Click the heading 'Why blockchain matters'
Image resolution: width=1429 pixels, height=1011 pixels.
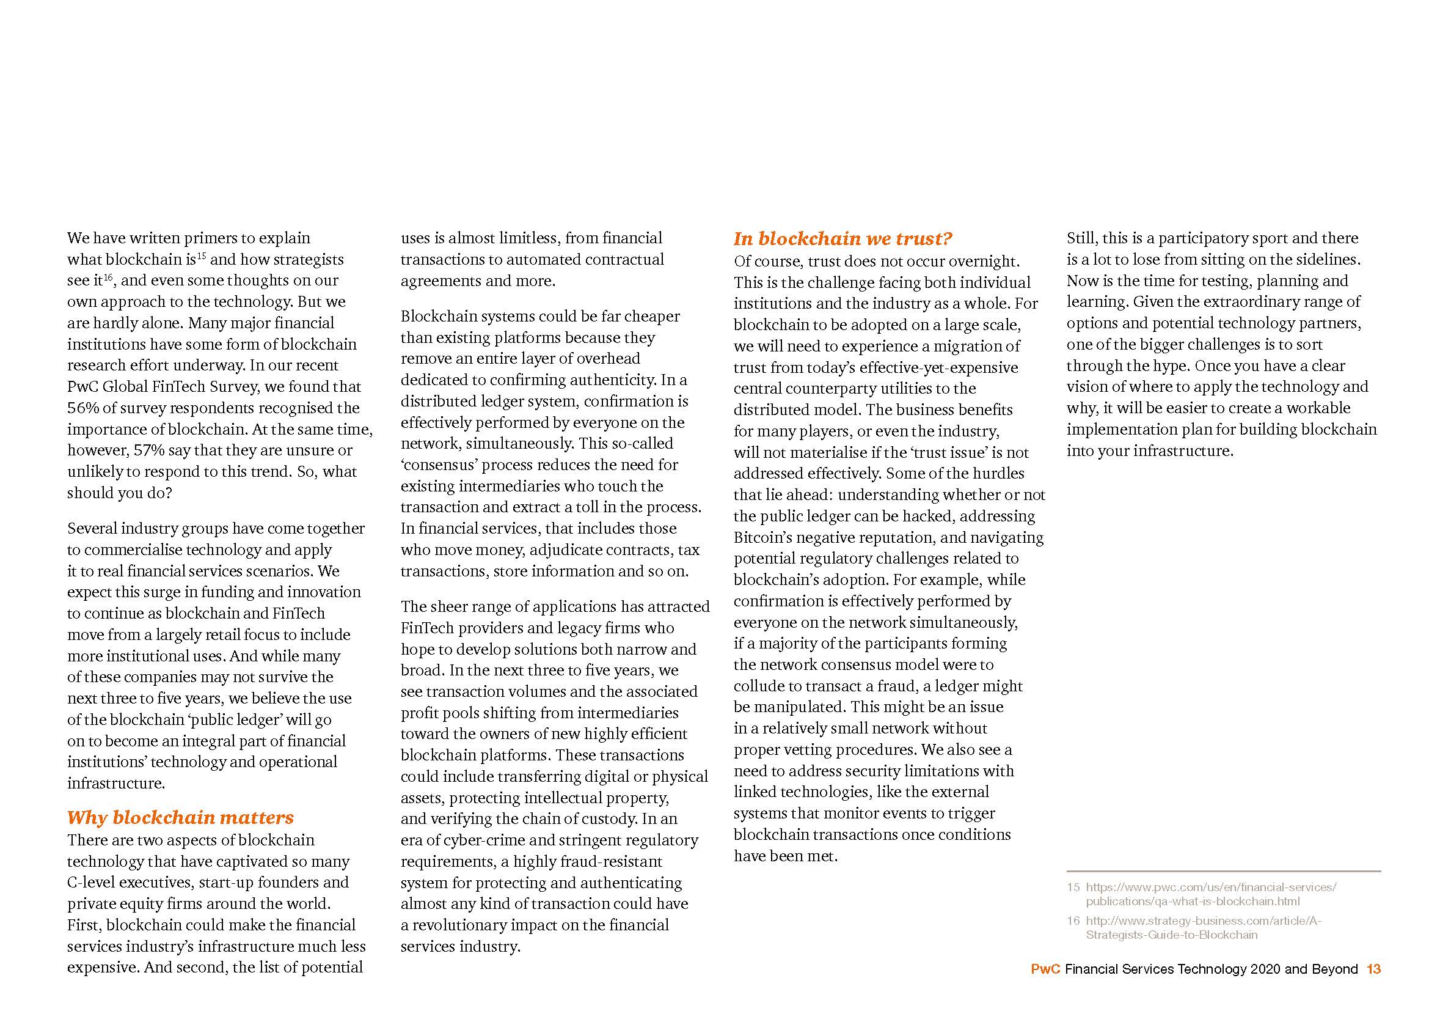pos(180,817)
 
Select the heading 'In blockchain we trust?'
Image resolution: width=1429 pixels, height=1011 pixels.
pos(843,239)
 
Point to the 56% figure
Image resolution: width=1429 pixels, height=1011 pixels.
pos(81,408)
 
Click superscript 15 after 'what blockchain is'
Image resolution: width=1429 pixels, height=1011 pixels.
pos(202,256)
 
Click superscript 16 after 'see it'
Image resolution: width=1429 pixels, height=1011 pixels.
pos(108,277)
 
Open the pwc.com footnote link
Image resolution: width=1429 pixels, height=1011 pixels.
pos(1210,894)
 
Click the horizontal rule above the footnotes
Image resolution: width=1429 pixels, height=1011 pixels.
pos(1223,871)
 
